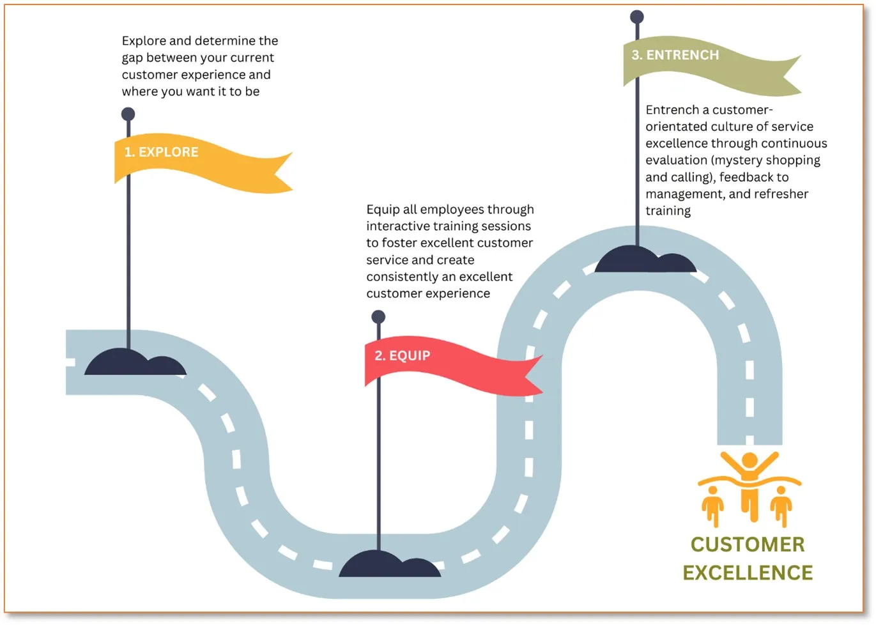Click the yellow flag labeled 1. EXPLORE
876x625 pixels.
point(192,161)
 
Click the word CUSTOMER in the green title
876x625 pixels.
point(748,544)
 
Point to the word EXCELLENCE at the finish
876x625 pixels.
point(748,573)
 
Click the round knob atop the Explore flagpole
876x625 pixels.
point(128,114)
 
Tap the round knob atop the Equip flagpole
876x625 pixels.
point(378,316)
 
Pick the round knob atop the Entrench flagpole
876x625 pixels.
point(637,17)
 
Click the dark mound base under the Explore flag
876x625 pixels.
point(135,364)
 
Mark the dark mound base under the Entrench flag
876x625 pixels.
point(645,261)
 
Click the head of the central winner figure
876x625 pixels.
point(749,460)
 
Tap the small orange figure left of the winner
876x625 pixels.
point(712,505)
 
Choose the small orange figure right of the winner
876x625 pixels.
point(781,505)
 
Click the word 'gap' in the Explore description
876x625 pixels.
point(132,58)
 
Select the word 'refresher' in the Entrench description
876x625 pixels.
point(781,194)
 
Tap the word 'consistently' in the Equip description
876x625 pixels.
point(401,277)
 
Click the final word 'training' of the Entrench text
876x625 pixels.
point(668,211)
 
